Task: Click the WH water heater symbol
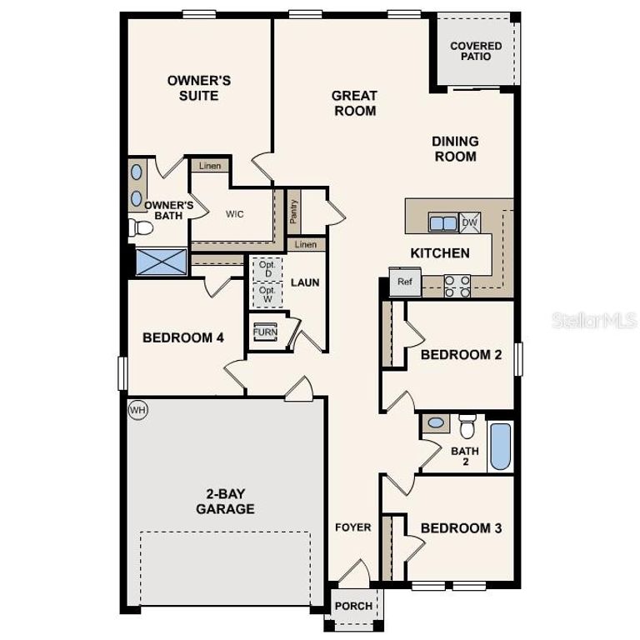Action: [137, 410]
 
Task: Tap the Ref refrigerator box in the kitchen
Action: [405, 282]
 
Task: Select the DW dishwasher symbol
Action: [469, 222]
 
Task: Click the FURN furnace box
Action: [265, 331]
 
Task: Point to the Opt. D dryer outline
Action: [267, 268]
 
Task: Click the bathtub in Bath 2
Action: [500, 447]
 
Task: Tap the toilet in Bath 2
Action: [467, 426]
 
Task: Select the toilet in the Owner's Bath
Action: [142, 227]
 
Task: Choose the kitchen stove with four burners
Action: [457, 285]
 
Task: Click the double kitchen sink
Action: [442, 222]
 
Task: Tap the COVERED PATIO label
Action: [476, 51]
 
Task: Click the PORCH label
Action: [352, 606]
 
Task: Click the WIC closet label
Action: [234, 213]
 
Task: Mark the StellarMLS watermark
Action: [594, 319]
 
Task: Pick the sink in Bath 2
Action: [436, 423]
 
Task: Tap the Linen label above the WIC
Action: [210, 166]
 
